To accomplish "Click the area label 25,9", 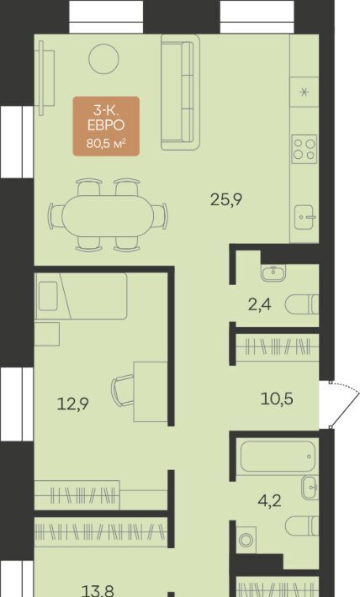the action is [x=226, y=199].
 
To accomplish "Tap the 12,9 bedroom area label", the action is [x=73, y=404].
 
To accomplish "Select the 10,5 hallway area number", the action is [x=277, y=399].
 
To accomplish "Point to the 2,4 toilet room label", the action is [x=259, y=304].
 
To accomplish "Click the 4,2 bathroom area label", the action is [x=269, y=500].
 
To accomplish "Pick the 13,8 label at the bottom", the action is [x=98, y=591].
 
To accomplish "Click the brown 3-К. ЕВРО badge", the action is [x=106, y=126].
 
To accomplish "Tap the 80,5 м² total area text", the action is [x=106, y=144].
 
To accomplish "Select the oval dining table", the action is [x=108, y=216].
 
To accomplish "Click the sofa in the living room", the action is [x=180, y=92].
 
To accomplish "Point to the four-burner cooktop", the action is [x=304, y=150].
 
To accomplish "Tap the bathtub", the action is [x=278, y=456].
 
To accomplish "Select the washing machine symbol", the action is [x=246, y=540].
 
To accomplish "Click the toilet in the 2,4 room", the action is [x=302, y=304].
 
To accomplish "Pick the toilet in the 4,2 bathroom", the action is [x=302, y=526].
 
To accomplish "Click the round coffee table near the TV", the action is [x=103, y=59].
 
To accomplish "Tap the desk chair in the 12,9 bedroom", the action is [x=123, y=390].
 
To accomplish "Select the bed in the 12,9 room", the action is [x=81, y=296].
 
